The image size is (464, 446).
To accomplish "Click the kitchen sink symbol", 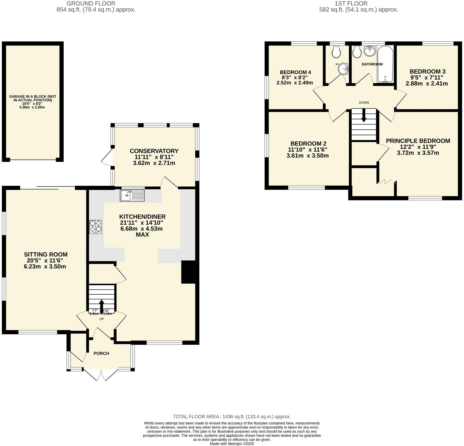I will click(x=132, y=196).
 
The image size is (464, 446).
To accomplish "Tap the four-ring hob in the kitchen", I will click(x=95, y=227).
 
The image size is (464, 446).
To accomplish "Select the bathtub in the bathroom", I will click(x=385, y=64).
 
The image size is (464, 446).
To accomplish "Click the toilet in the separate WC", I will click(x=336, y=52).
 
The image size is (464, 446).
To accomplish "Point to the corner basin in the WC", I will click(x=343, y=69).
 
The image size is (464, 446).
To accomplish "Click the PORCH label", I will click(x=101, y=353).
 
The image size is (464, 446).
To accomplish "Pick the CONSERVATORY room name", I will click(x=154, y=151).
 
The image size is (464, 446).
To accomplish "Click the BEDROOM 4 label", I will click(x=295, y=72).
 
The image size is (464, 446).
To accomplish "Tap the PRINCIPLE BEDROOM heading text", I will click(x=418, y=141).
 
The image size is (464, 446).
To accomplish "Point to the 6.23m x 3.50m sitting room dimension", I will click(x=45, y=266).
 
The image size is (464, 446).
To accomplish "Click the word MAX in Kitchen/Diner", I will click(x=142, y=235).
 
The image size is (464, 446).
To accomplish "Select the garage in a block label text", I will click(x=33, y=98).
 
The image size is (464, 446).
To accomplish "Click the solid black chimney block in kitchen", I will click(x=188, y=272).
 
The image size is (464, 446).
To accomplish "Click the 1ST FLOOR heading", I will click(x=351, y=4).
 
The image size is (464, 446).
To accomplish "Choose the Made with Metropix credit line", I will click(x=232, y=444).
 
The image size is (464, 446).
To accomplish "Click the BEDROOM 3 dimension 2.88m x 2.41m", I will click(x=427, y=83).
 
